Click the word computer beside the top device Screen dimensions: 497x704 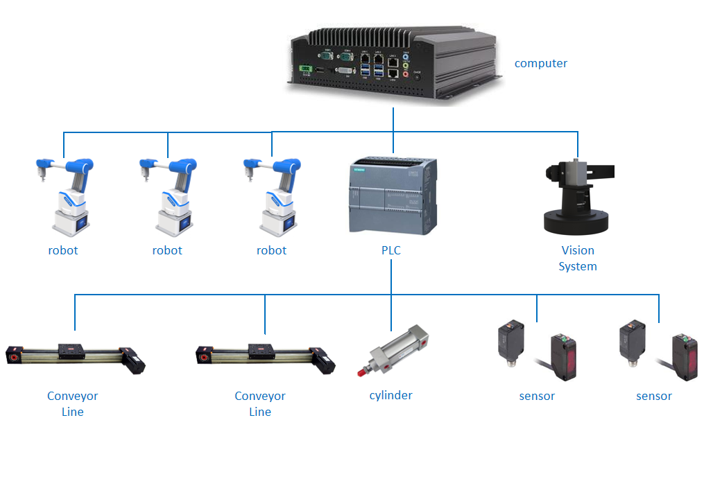coord(540,64)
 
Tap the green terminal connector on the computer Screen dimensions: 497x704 coord(303,69)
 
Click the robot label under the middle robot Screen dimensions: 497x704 coord(167,250)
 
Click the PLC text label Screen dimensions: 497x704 coord(391,250)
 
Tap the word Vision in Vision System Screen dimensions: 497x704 coord(578,250)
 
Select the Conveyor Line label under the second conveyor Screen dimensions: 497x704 coord(260,403)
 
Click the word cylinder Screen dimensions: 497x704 coord(391,395)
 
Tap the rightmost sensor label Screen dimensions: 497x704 coord(654,396)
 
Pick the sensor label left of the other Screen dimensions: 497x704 coord(537,396)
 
